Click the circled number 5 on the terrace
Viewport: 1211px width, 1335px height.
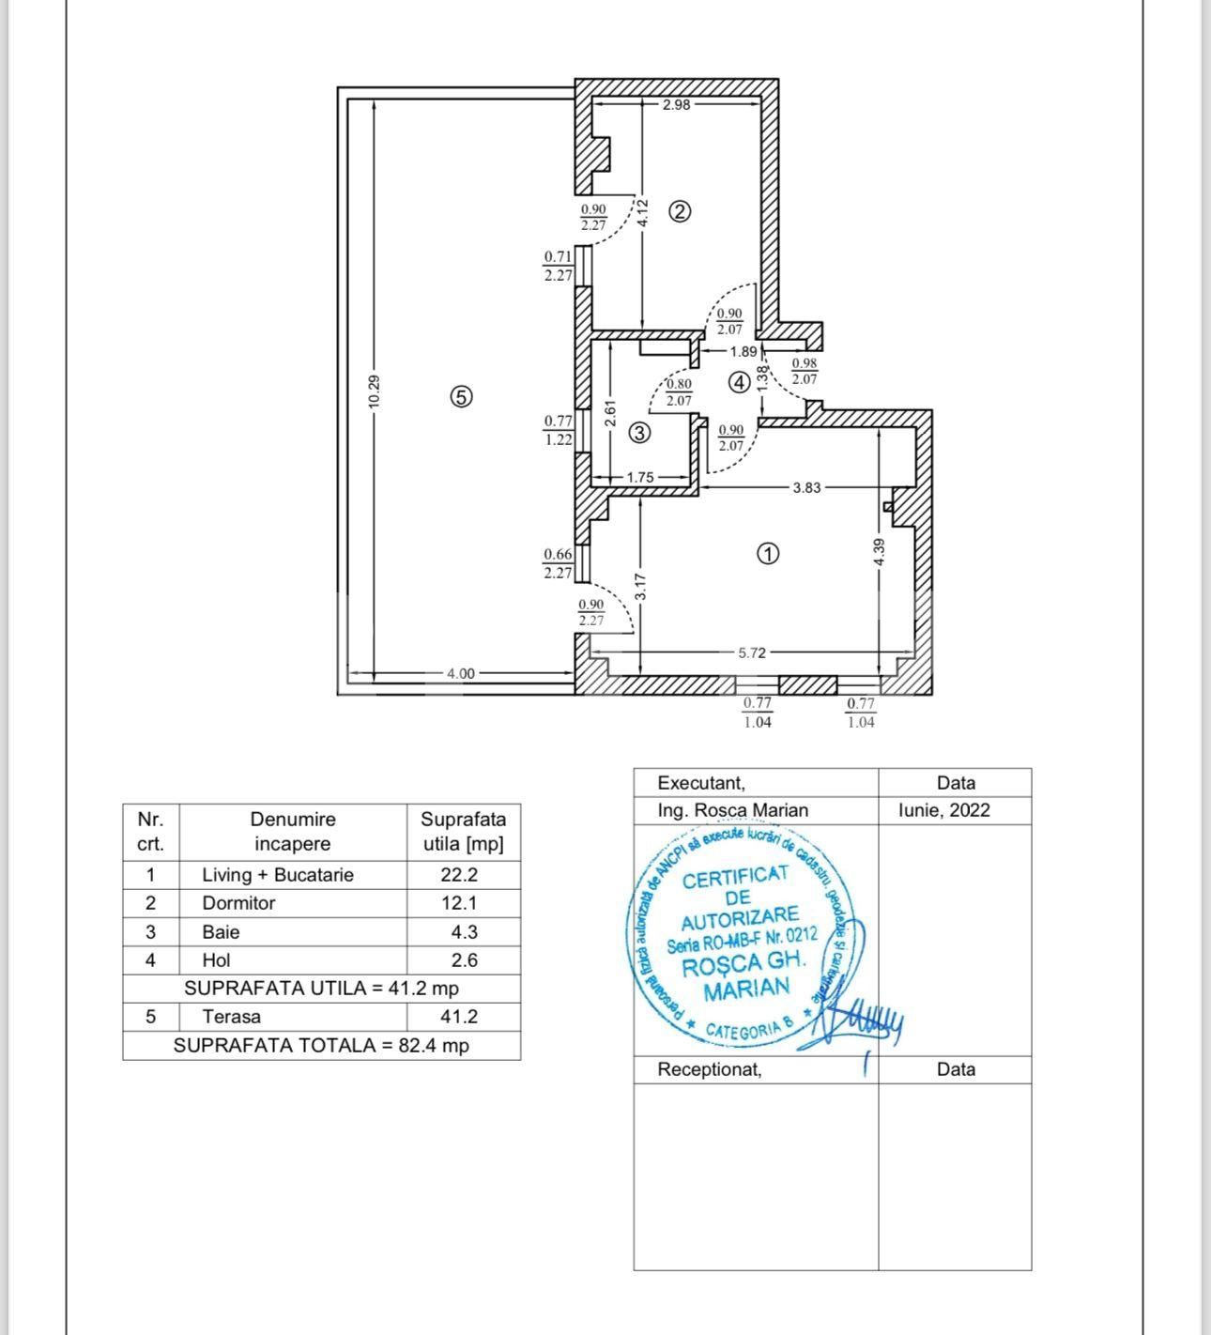coord(460,397)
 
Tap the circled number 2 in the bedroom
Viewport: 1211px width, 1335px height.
coord(680,211)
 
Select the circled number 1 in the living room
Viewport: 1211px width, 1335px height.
coord(767,554)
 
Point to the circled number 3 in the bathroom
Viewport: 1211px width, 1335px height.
coord(639,433)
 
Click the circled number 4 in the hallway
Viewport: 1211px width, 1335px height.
coord(740,382)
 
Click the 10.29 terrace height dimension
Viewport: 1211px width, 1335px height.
coord(374,391)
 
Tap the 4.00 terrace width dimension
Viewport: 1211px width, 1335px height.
coord(460,673)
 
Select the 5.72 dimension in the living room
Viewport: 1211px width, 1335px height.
coord(752,652)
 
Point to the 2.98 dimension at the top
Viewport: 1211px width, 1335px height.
coord(676,105)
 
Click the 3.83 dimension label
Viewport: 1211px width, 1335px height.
coord(806,487)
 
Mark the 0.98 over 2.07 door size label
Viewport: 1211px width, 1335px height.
coord(805,372)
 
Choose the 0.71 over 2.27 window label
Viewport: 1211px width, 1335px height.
coord(558,266)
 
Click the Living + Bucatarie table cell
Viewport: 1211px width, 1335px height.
coord(278,875)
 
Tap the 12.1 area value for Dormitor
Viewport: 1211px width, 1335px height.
coord(460,903)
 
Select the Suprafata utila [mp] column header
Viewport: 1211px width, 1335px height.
coord(463,831)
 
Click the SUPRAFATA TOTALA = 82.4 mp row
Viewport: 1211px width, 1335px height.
coord(321,1045)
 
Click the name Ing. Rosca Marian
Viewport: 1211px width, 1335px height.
coord(732,810)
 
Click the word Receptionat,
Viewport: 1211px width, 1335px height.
coord(710,1069)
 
